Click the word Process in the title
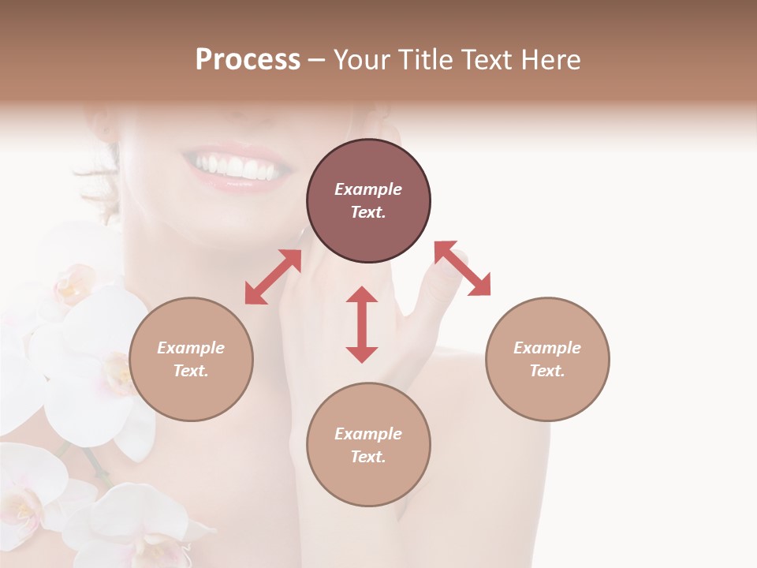click(x=248, y=60)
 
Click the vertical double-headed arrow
click(x=362, y=324)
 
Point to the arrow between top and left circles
click(x=273, y=277)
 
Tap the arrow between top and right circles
click(x=463, y=268)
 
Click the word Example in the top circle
click(x=368, y=189)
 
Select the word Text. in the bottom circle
click(x=368, y=457)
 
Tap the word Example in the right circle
click(x=547, y=348)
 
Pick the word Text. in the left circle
click(x=191, y=371)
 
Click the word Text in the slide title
click(x=488, y=60)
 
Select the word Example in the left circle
click(x=191, y=348)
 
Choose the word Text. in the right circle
click(x=547, y=371)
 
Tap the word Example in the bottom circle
click(x=368, y=434)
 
